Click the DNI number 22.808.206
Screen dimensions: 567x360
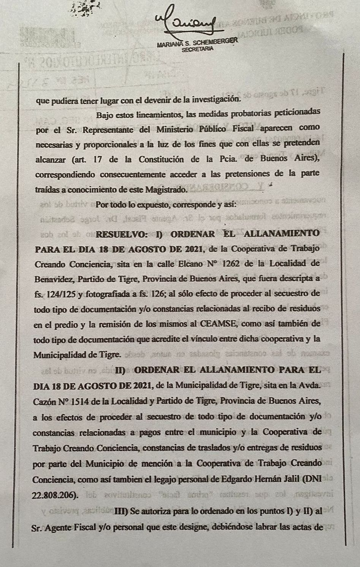click(x=55, y=496)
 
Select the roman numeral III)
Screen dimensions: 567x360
click(x=122, y=511)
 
